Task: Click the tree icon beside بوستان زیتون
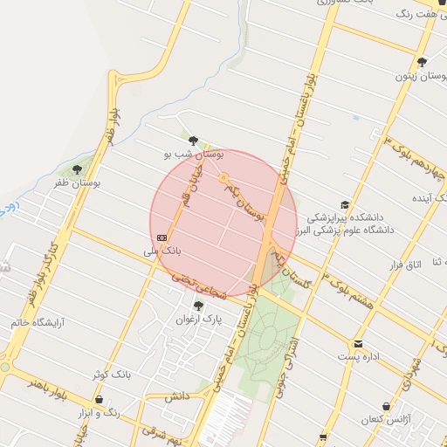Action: click(x=422, y=62)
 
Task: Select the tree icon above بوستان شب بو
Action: click(x=194, y=140)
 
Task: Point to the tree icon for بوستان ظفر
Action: click(x=77, y=169)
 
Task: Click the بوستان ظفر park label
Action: click(x=76, y=183)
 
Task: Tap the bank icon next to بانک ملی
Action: click(x=162, y=237)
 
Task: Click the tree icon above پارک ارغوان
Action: click(x=199, y=306)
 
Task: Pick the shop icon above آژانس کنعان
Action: click(x=386, y=407)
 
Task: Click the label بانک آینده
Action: click(x=413, y=198)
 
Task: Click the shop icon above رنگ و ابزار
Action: click(x=99, y=399)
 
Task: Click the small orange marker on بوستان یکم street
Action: click(x=223, y=178)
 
